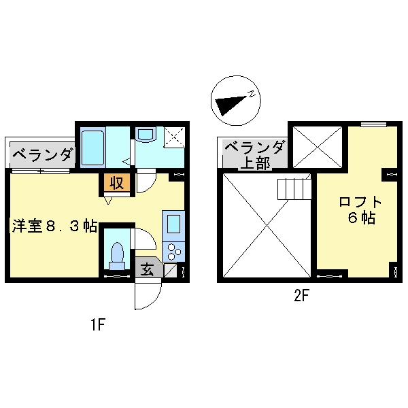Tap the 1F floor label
(97, 324)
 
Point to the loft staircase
(294, 186)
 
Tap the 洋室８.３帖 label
(54, 226)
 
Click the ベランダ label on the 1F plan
(41, 154)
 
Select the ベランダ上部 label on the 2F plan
(254, 154)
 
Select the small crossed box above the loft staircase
(318, 144)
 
